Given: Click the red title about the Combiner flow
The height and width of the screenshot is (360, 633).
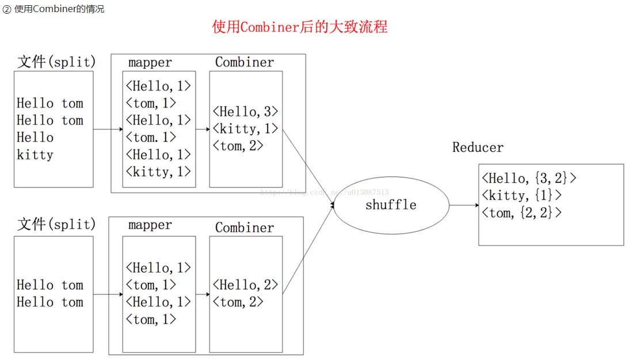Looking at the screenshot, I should click(x=300, y=27).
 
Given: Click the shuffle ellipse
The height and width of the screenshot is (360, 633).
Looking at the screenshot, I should click(x=391, y=205).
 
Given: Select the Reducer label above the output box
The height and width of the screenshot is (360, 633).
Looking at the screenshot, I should click(x=478, y=147).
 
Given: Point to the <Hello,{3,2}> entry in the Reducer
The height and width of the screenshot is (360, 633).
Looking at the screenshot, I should click(x=529, y=178).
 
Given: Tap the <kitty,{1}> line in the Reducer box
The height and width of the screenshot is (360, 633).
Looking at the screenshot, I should click(x=521, y=196).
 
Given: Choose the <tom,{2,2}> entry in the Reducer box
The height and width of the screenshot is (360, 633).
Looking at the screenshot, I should click(x=521, y=213).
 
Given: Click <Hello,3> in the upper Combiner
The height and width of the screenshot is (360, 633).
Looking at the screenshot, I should click(x=245, y=111).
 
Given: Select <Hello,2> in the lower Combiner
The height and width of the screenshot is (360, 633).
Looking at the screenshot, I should click(x=245, y=285).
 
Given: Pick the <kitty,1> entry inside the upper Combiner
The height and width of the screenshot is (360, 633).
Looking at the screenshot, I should click(x=245, y=128).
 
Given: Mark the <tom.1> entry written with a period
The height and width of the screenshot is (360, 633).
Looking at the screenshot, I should click(x=151, y=137).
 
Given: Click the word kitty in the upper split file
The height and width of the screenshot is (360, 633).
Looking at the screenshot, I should click(x=35, y=155).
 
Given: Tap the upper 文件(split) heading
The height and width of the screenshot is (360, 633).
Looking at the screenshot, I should click(x=56, y=62).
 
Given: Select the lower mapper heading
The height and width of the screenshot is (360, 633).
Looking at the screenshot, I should click(x=150, y=225).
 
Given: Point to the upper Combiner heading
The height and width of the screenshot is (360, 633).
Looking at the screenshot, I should click(x=245, y=62).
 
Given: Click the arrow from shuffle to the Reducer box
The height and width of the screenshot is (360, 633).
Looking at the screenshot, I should click(x=463, y=205).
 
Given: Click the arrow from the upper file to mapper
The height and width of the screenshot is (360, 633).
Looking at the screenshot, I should click(x=108, y=129).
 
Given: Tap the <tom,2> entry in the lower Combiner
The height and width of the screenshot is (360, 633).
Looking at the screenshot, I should click(x=238, y=302).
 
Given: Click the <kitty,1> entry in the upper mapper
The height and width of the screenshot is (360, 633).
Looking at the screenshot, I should click(x=158, y=171).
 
